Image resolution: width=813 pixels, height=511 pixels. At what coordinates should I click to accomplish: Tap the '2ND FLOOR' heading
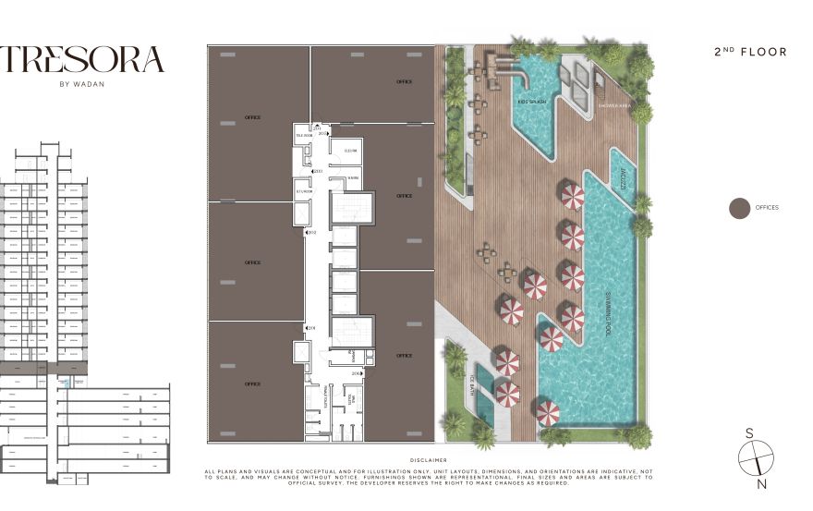[x=751, y=52]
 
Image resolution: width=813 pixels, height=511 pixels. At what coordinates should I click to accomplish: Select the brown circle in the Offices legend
[x=739, y=208]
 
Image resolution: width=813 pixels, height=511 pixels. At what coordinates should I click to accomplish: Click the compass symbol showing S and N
[x=755, y=457]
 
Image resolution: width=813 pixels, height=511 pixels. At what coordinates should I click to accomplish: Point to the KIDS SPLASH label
[x=531, y=102]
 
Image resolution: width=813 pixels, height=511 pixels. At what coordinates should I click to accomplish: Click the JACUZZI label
[x=623, y=178]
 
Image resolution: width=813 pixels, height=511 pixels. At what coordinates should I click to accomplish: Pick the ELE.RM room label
[x=350, y=150]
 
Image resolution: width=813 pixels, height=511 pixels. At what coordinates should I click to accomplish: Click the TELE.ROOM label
[x=304, y=135]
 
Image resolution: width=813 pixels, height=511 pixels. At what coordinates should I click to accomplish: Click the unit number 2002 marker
[x=311, y=232]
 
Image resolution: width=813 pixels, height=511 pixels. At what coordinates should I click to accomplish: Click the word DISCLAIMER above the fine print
[x=428, y=459]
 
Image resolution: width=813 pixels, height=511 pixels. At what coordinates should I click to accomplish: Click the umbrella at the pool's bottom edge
[x=547, y=411]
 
